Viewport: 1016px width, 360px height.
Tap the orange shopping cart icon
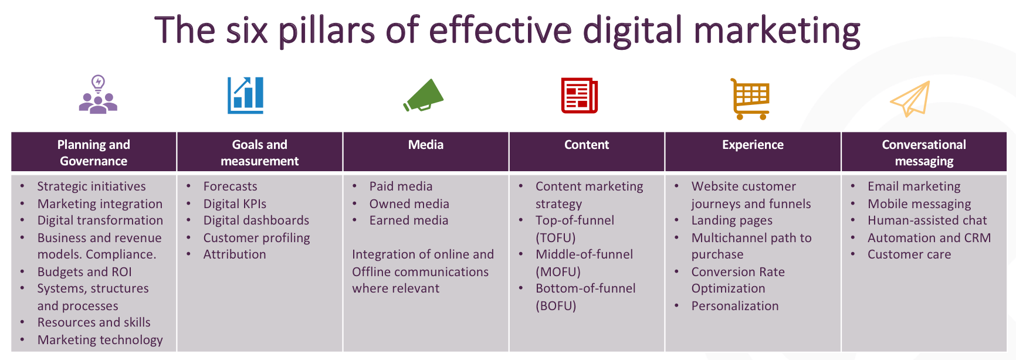coord(750,99)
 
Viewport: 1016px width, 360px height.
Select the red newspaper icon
coord(580,95)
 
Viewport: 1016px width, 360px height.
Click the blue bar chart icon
coord(246,95)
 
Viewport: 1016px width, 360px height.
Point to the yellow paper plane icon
coord(910,99)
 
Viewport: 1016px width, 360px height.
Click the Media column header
coord(426,145)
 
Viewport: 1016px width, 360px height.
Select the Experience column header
coord(753,145)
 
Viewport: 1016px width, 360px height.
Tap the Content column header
coord(587,145)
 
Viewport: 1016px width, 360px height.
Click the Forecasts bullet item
coord(230,186)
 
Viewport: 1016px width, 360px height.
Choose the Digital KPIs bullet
coord(235,204)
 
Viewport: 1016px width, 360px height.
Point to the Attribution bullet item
coord(235,254)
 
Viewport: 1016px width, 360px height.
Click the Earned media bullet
coord(409,220)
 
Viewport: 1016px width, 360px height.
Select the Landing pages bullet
coord(731,221)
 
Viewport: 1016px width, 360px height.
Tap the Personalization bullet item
coord(735,306)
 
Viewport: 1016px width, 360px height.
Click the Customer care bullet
coord(909,254)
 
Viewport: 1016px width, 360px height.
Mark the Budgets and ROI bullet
coord(84,272)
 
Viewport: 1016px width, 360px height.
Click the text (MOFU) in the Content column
coord(558,272)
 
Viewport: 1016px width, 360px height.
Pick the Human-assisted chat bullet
coord(927,220)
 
